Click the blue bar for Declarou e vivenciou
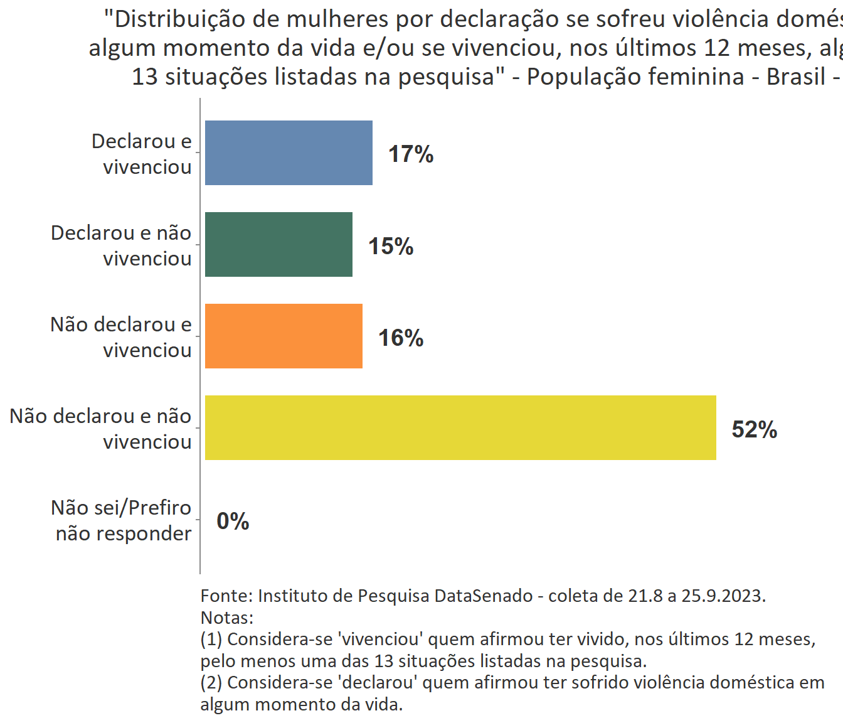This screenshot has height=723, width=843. [x=289, y=153]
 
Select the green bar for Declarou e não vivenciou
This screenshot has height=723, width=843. [x=278, y=245]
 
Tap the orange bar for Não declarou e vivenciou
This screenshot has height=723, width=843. [x=284, y=336]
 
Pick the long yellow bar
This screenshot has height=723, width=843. [x=460, y=428]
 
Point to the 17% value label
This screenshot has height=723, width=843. [x=411, y=154]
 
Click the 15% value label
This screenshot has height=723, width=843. [x=391, y=246]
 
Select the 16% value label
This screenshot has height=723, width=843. [x=401, y=338]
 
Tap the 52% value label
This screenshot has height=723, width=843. [x=755, y=429]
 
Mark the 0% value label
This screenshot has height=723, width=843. [x=233, y=521]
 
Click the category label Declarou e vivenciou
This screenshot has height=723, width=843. [x=142, y=154]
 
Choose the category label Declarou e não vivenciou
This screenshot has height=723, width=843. [x=121, y=245]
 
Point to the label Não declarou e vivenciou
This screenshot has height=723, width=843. [x=121, y=337]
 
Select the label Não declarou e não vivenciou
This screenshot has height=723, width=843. [x=100, y=429]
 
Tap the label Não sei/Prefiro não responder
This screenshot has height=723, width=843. [x=121, y=520]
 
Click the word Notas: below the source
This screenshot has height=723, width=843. [x=227, y=618]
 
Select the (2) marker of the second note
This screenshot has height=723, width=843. [x=211, y=682]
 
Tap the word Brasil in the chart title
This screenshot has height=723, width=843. [x=796, y=77]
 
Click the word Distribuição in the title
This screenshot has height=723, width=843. [x=181, y=19]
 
